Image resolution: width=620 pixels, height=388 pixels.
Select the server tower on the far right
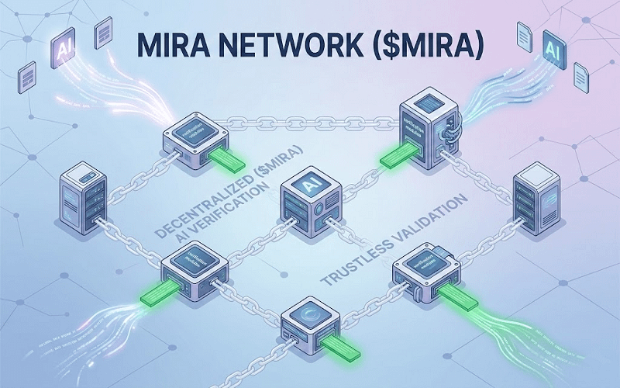click(x=536, y=193)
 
